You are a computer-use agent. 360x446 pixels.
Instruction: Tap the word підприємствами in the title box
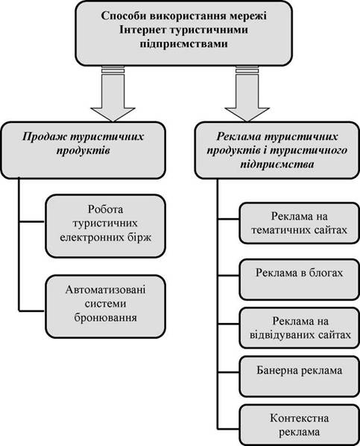pos(183,44)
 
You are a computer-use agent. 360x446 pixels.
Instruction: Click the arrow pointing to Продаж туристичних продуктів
pos(113,94)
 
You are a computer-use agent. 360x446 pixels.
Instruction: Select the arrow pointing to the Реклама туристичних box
pos(247,94)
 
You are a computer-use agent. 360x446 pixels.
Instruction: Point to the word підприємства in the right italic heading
pos(277,164)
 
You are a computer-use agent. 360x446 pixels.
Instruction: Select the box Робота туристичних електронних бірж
pos(105,226)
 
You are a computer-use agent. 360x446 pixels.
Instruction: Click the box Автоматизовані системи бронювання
pos(105,306)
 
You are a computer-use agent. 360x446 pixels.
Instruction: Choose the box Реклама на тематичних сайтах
pos(299,223)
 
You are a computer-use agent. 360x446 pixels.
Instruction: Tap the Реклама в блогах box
pos(299,279)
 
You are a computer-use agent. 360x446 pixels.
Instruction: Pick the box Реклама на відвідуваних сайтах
pos(299,328)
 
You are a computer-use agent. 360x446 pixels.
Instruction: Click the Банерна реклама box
pos(299,376)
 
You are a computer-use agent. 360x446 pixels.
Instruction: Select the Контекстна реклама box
pos(299,425)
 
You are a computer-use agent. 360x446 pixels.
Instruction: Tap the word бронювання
pos(105,318)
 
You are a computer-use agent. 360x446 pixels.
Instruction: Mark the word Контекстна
pos(300,418)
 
